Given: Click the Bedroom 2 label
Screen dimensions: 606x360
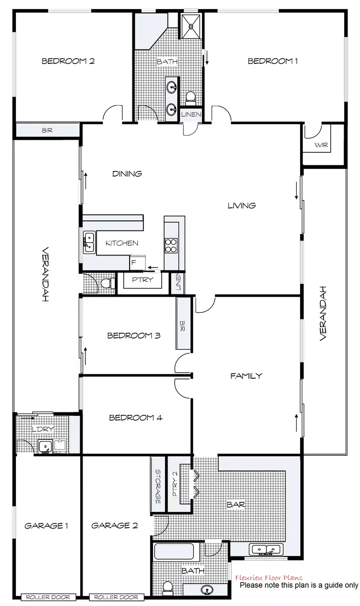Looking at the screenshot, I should [x=68, y=61].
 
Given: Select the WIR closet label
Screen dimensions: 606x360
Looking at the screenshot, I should [x=322, y=145].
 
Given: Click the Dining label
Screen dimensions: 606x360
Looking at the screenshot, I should [x=127, y=174].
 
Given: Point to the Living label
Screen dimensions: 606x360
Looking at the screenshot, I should [x=241, y=206].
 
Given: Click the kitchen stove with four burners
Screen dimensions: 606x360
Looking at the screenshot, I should [x=171, y=245].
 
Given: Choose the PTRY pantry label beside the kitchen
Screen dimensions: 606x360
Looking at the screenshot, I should [x=142, y=279].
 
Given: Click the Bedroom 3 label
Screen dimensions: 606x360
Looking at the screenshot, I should [x=133, y=336].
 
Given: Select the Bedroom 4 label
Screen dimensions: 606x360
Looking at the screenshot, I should [x=136, y=418].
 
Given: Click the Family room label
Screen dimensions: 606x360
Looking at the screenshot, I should [x=246, y=376].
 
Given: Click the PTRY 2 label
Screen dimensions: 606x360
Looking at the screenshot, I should [x=175, y=484].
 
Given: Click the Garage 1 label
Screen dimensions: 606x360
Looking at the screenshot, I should [x=46, y=526].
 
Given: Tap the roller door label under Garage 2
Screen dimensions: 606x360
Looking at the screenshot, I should [x=117, y=597].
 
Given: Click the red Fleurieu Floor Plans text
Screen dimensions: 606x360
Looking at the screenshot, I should [x=269, y=578].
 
